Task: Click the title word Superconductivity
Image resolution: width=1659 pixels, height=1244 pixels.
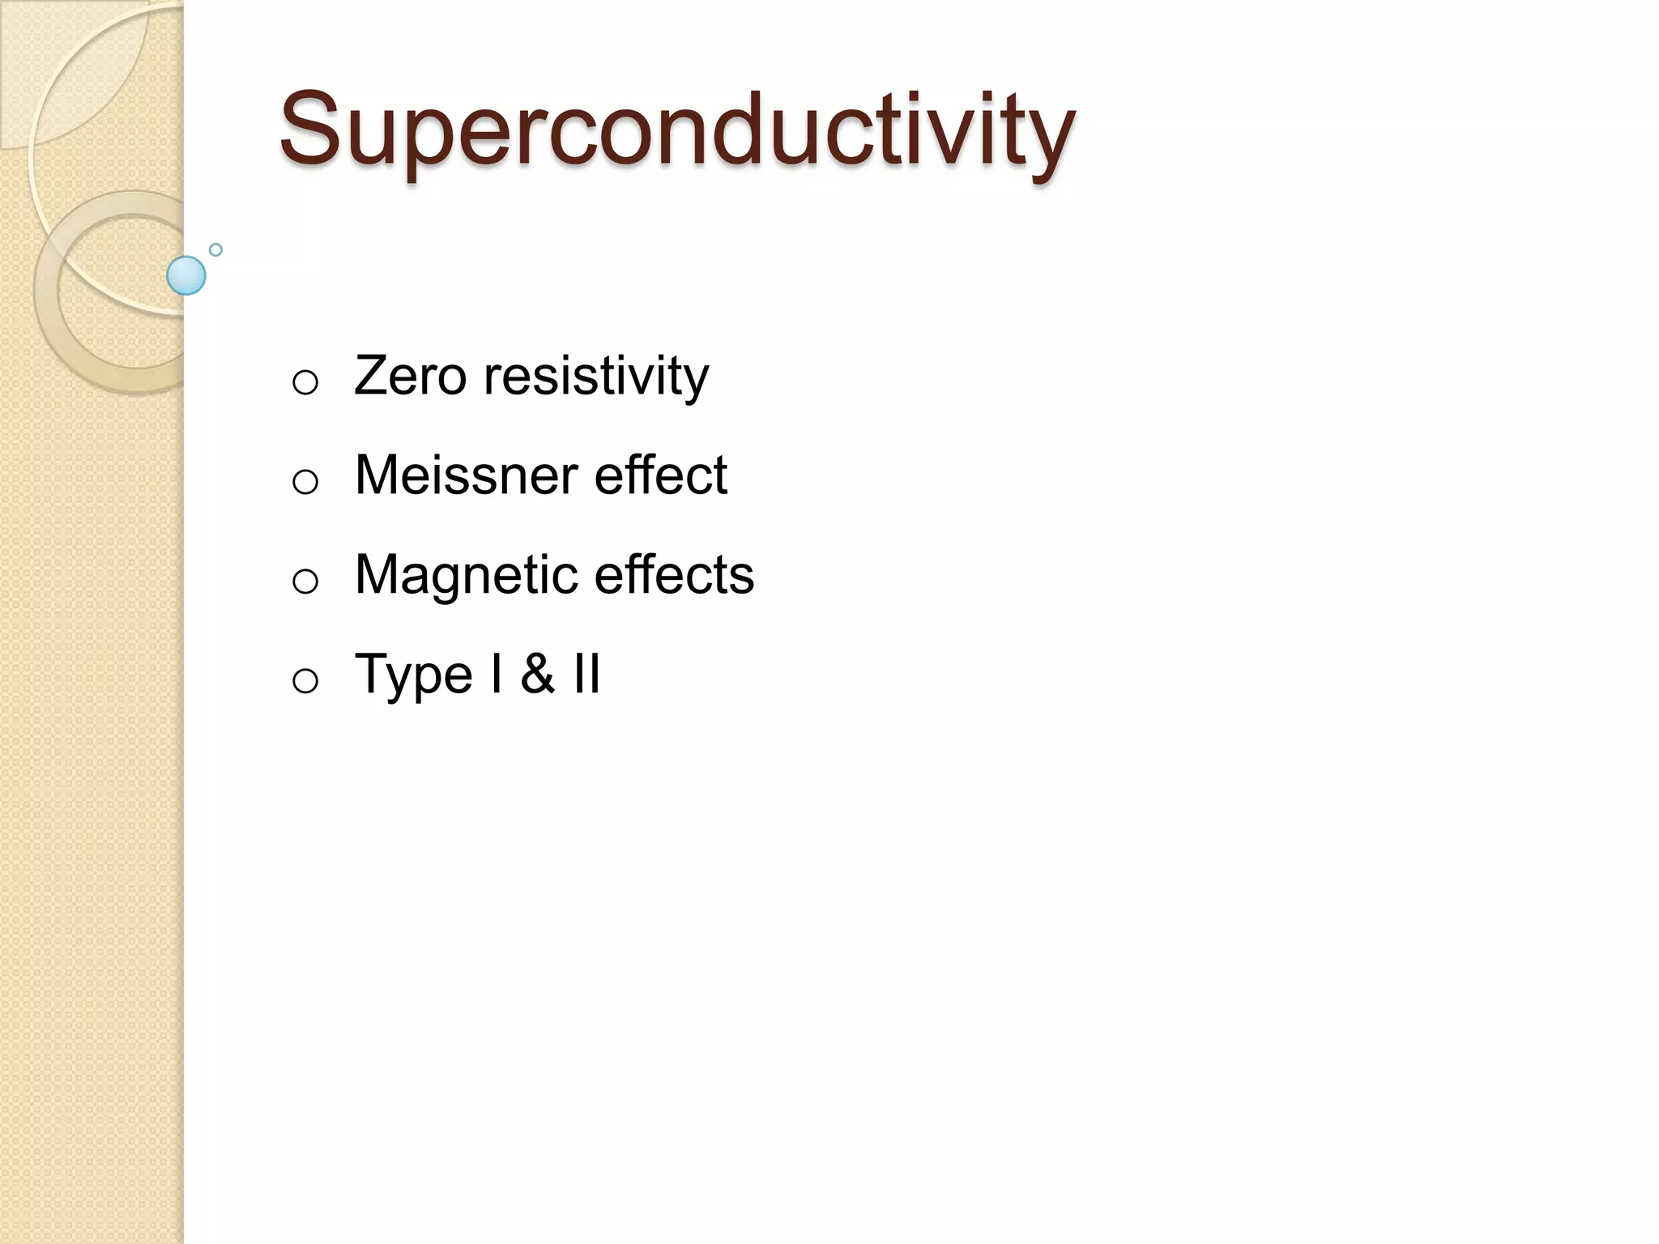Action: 676,130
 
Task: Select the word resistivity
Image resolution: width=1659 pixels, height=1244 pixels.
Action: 595,377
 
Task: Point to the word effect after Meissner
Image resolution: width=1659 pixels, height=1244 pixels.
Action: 660,475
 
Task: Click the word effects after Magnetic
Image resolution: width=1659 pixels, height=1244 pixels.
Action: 674,575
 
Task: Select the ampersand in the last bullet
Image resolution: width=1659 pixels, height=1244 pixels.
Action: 537,674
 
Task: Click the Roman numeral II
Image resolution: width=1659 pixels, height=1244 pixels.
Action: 586,674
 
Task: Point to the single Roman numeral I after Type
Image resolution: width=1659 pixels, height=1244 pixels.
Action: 496,674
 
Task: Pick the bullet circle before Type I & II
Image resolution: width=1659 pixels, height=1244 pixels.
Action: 305,681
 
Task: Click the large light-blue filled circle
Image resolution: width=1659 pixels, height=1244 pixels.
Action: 186,275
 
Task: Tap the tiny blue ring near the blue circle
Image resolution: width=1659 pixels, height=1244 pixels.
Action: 215,249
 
